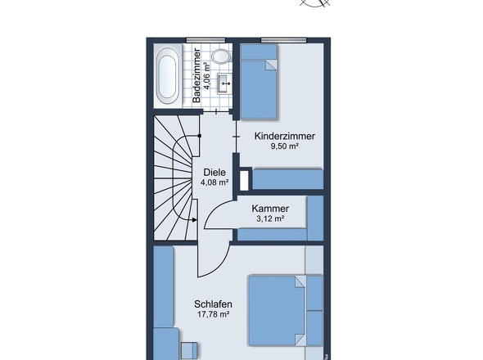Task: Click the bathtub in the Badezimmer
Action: click(x=168, y=75)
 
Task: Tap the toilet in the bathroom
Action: click(x=221, y=56)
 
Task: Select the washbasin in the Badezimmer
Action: click(x=224, y=83)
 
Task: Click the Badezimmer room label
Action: click(x=196, y=75)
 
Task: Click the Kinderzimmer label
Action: click(x=285, y=136)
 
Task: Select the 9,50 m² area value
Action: click(x=285, y=146)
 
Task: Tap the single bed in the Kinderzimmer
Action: click(x=259, y=82)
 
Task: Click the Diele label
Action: click(x=214, y=172)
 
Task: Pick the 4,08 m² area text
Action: click(x=214, y=182)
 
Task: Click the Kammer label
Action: click(x=270, y=209)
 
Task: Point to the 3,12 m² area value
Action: click(x=270, y=218)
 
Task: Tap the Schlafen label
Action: click(x=213, y=304)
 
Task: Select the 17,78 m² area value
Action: click(x=213, y=314)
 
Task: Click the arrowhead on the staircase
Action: click(x=195, y=220)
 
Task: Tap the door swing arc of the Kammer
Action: click(x=214, y=209)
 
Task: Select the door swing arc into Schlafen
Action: click(x=222, y=265)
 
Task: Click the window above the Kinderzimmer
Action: click(x=284, y=40)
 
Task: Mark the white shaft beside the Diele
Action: click(x=244, y=180)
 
